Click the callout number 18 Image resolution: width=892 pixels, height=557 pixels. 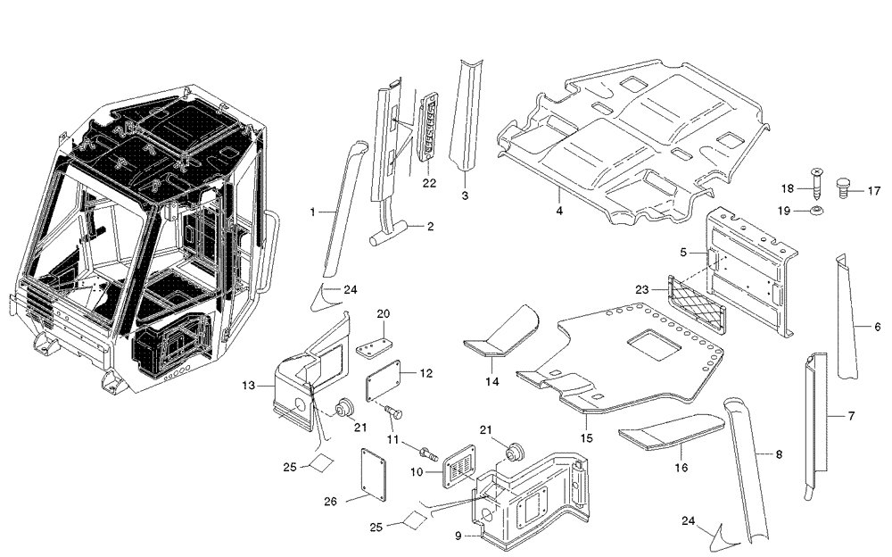(x=787, y=188)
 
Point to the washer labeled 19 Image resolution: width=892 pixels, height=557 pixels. (x=816, y=212)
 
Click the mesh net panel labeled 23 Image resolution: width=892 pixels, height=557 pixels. (x=695, y=299)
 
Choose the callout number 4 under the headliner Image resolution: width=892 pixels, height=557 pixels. (x=559, y=212)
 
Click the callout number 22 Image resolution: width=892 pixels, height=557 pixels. (x=429, y=183)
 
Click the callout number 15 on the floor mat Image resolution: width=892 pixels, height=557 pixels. (x=585, y=437)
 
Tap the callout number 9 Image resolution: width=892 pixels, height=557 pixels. (x=458, y=536)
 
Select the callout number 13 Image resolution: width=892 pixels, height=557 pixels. (x=249, y=386)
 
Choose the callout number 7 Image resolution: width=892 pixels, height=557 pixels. (x=851, y=416)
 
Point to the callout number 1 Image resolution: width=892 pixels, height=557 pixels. (x=313, y=212)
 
